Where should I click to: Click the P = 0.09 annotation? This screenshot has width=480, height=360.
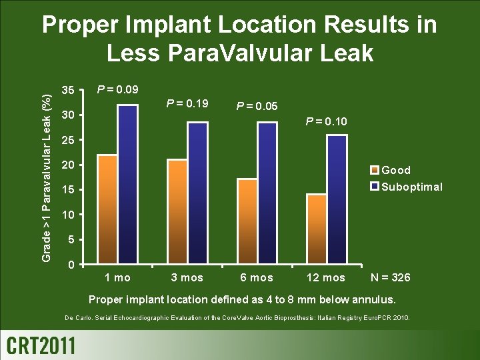(x=118, y=89)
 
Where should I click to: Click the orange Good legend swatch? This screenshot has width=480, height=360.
(x=375, y=170)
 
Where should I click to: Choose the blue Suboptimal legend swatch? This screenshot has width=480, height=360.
(x=375, y=186)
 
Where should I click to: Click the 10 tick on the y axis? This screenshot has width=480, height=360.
(x=67, y=215)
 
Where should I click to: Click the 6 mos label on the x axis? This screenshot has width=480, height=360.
(x=257, y=277)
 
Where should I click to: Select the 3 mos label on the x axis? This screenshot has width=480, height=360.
(x=187, y=277)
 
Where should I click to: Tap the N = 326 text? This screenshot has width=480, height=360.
(x=390, y=277)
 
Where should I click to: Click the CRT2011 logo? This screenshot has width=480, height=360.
(x=41, y=345)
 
